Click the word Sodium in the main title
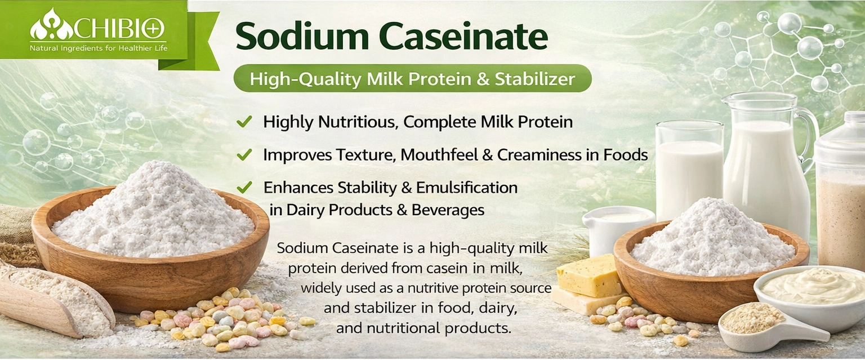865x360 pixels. coord(302,36)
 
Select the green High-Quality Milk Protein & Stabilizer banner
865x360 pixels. coord(412,78)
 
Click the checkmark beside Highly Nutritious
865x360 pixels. coord(244,122)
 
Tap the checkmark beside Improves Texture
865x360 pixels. coord(244,154)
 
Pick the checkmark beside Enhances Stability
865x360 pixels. coord(244,188)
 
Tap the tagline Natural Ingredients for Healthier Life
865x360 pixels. coord(99,48)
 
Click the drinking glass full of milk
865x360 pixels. coord(689,170)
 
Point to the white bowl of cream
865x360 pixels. coord(811,297)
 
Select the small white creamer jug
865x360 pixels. coord(617,230)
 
